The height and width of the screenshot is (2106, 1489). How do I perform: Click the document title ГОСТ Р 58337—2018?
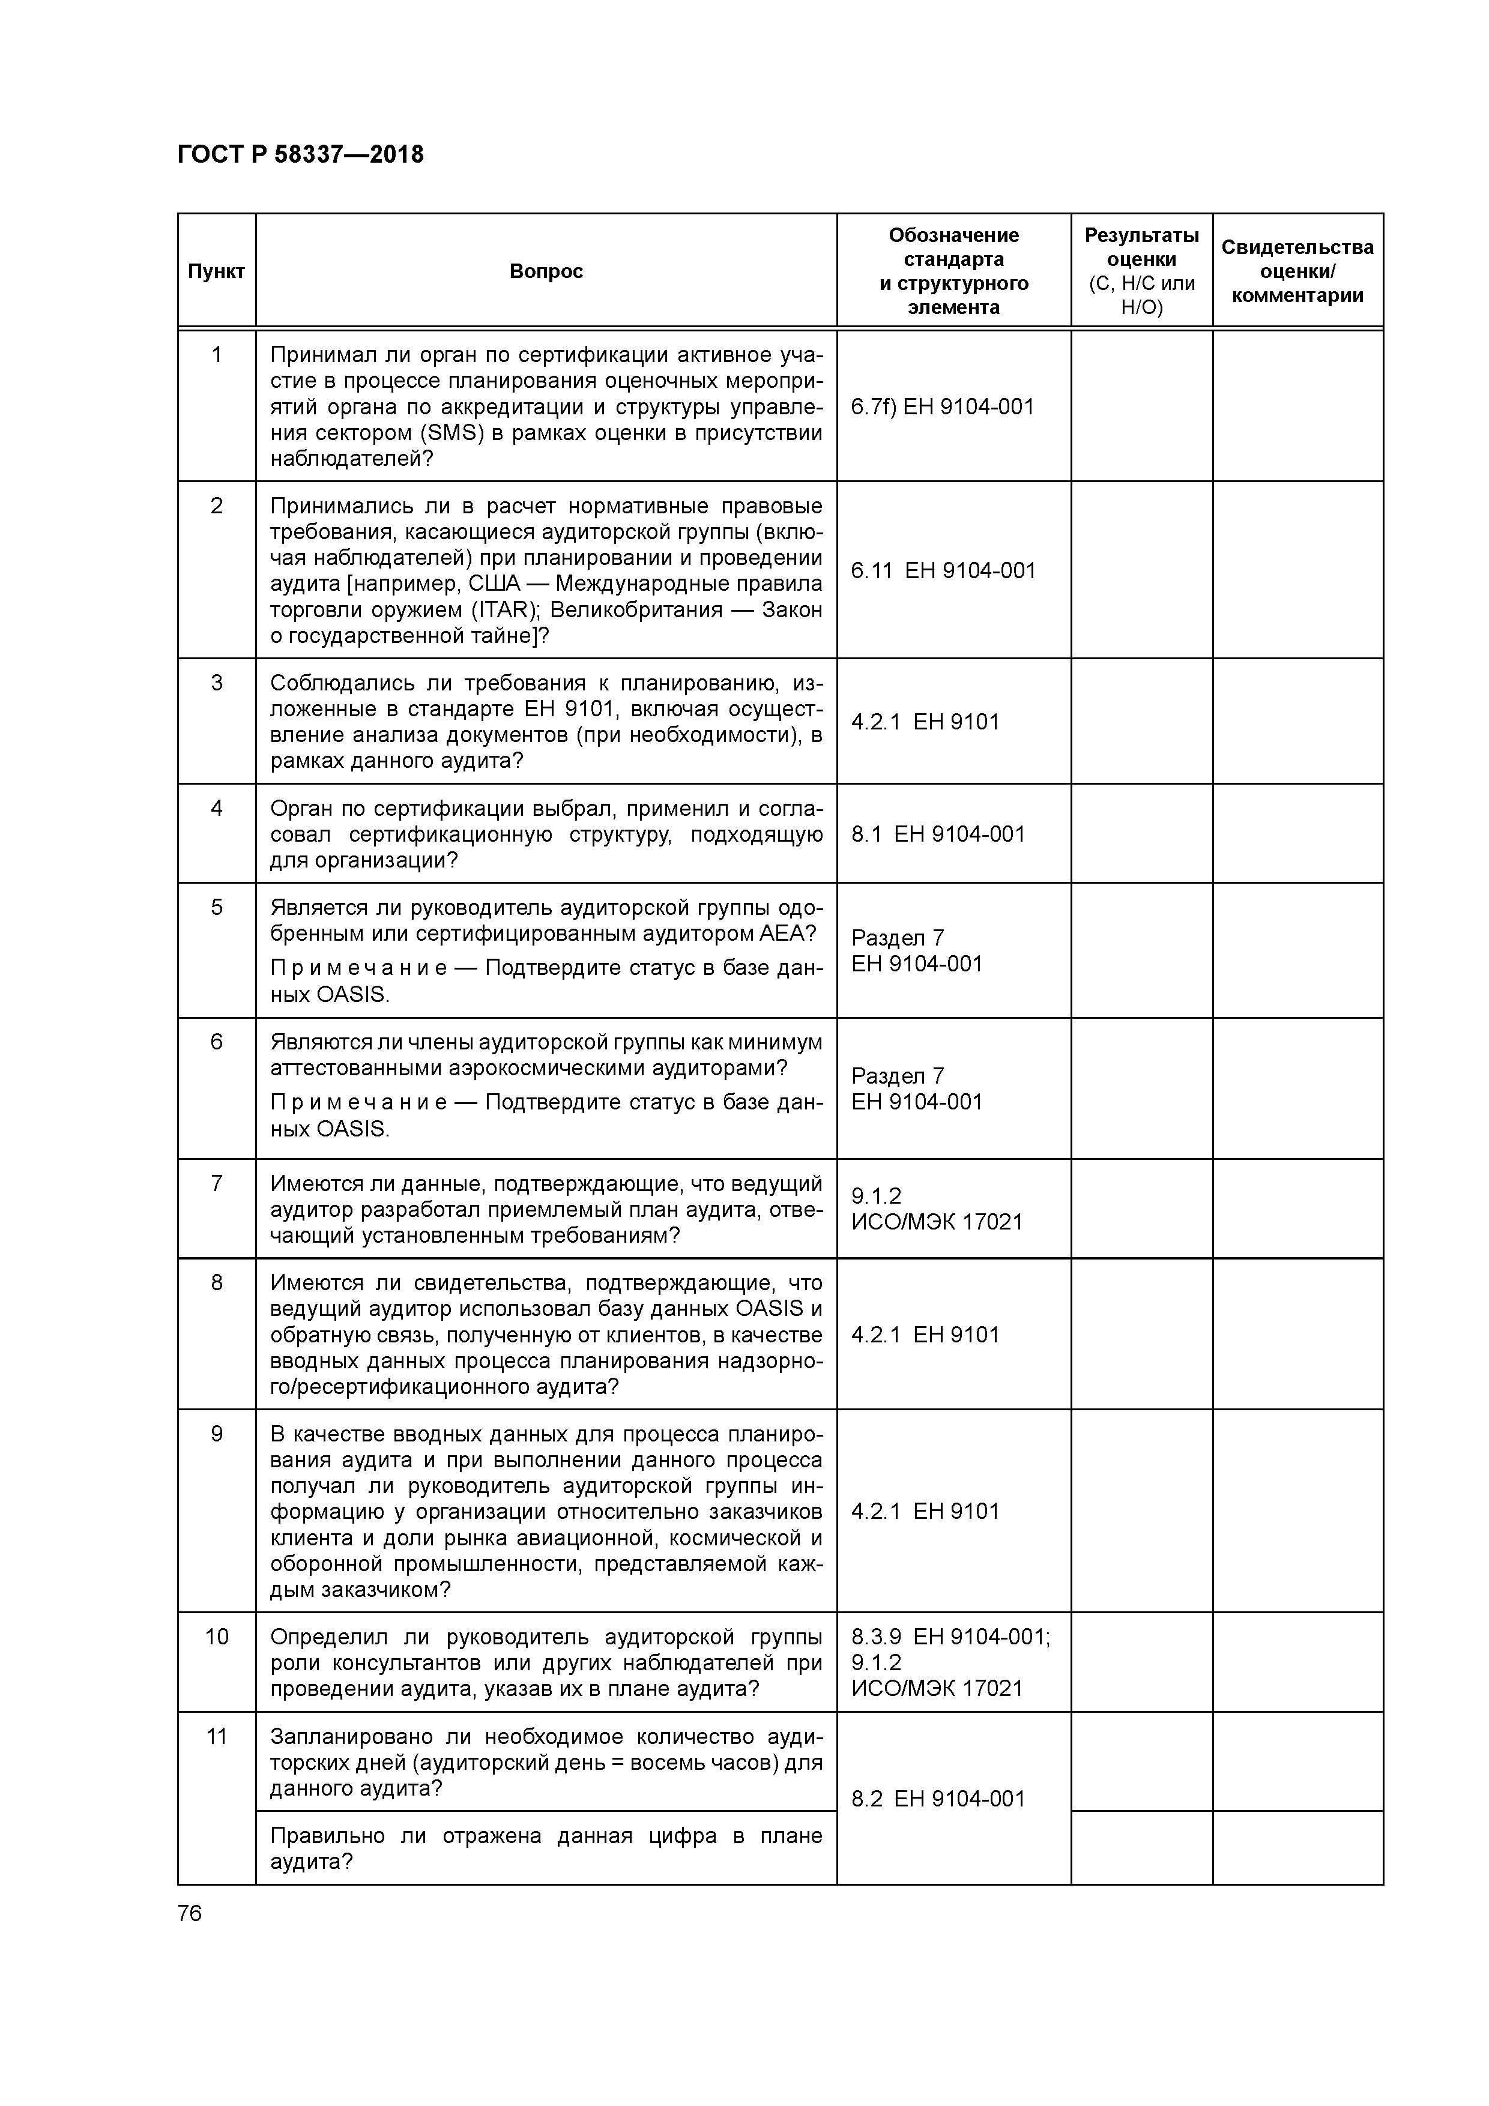(300, 154)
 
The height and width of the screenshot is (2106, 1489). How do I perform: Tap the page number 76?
(190, 1913)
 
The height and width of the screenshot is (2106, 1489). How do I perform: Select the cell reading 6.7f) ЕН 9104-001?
(942, 407)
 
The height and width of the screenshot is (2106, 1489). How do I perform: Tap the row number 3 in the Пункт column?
(217, 683)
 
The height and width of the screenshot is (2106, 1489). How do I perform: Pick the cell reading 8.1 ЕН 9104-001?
(938, 834)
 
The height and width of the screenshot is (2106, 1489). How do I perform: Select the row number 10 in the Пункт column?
(217, 1637)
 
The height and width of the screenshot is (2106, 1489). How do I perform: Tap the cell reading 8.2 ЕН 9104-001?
(938, 1799)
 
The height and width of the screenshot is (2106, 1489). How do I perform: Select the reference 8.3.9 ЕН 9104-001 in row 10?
(950, 1637)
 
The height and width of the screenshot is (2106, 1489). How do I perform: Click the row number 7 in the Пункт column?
(217, 1183)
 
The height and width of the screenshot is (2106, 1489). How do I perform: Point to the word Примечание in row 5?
(358, 968)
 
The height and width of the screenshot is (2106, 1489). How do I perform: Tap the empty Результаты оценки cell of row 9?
(1141, 1510)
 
